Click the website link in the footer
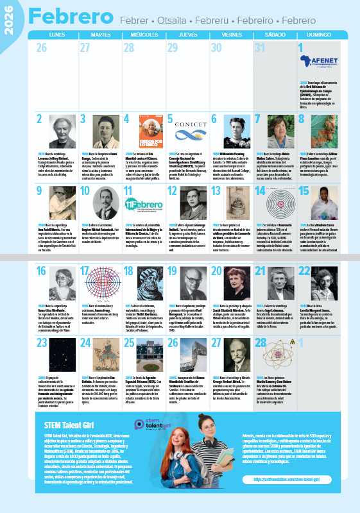pyautogui.click(x=289, y=479)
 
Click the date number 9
pyautogui.click(x=40, y=190)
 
